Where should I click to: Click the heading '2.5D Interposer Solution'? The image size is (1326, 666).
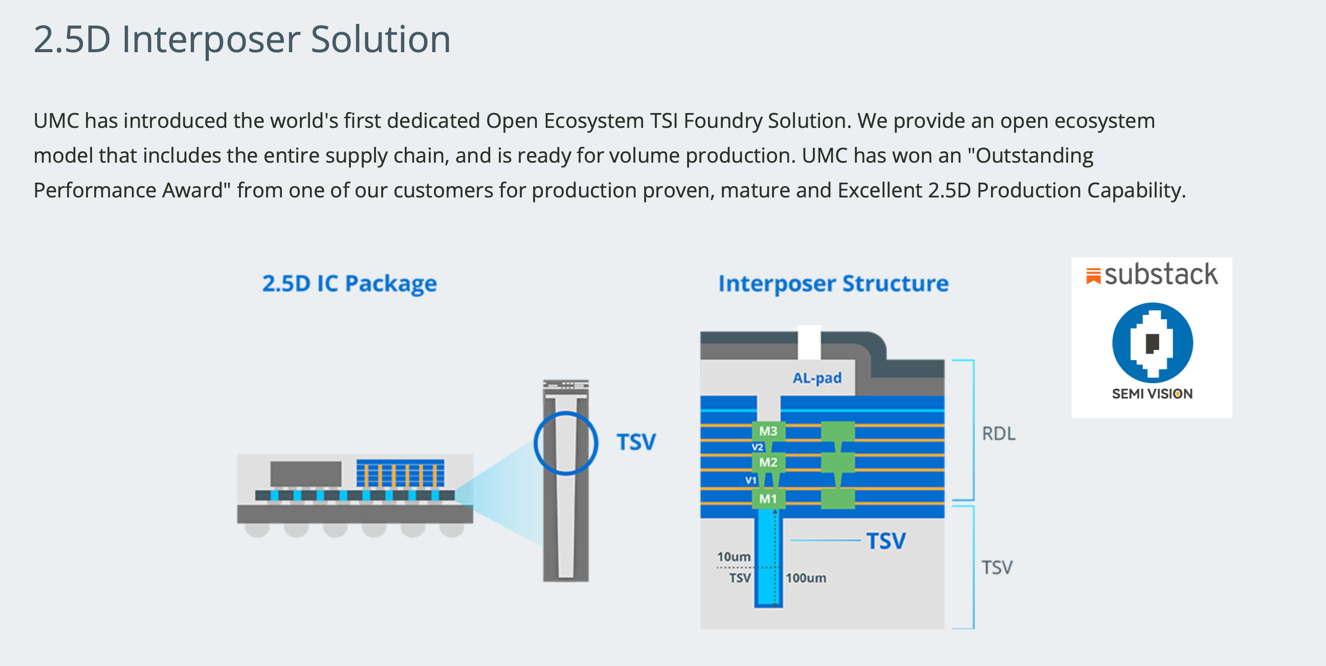(242, 39)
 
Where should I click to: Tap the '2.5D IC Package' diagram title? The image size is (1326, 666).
(349, 283)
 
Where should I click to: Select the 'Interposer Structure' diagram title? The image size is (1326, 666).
(833, 283)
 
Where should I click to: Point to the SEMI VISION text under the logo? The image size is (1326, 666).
(1152, 394)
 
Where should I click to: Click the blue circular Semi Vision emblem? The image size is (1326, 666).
(1153, 343)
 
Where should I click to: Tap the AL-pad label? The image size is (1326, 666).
(817, 379)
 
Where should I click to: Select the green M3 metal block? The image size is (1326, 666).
(768, 431)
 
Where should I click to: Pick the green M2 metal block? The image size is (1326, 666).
(768, 462)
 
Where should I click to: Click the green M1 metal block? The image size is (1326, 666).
(768, 499)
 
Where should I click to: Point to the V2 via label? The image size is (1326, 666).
(757, 447)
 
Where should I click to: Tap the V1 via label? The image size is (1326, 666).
(751, 480)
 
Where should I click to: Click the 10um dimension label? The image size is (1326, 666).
(734, 557)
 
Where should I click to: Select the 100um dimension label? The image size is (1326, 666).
(806, 578)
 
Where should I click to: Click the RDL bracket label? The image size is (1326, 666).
(999, 434)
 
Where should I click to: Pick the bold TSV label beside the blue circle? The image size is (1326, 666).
(636, 442)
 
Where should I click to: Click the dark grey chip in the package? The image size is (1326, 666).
(306, 474)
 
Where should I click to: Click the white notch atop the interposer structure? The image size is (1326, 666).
(809, 342)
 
